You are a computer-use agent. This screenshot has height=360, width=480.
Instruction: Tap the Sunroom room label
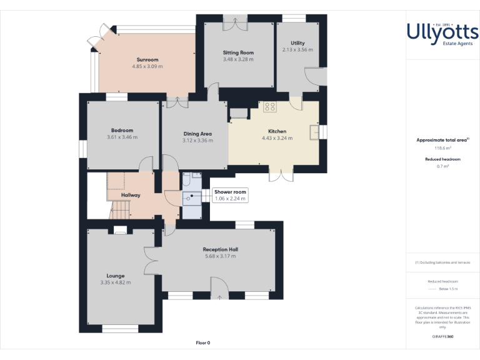pos(147,59)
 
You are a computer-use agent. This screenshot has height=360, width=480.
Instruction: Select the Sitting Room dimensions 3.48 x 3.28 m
pos(238,59)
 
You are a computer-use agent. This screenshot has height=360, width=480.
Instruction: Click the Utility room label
pos(297,42)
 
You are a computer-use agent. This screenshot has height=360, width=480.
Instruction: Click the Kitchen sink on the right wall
pos(314,131)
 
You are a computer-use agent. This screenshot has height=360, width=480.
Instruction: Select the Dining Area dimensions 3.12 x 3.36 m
pos(197,141)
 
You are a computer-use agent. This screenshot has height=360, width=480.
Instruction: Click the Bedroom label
pos(122,130)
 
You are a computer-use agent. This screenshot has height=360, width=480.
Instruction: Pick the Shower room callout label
pos(230,191)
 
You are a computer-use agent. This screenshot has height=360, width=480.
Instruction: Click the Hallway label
pos(131,195)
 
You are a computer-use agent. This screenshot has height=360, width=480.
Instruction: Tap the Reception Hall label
pos(220,249)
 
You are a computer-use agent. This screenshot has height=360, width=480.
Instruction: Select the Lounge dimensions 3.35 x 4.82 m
pos(116,282)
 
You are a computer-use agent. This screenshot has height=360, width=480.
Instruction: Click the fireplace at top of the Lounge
pos(120,230)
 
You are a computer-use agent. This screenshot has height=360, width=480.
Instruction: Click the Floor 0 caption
pos(203,342)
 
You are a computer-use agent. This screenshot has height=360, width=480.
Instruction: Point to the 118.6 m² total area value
pos(442,148)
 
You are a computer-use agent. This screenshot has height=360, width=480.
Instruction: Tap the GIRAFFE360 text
pos(442,336)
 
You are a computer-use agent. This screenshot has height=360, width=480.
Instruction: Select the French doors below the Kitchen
pos(281,174)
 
